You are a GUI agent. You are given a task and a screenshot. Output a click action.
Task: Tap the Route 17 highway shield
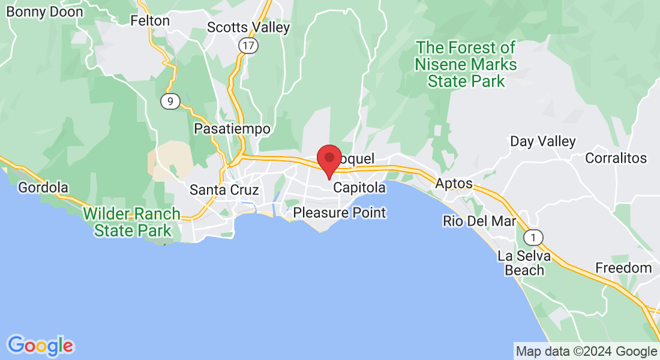247,44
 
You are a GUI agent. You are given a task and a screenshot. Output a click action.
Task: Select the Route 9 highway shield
170,101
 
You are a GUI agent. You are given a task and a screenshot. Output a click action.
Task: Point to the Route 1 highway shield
533,236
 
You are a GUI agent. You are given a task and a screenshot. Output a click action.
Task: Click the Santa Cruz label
224,190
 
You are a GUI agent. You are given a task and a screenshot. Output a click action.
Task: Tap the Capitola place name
359,188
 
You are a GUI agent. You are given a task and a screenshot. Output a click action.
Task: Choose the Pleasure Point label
340,213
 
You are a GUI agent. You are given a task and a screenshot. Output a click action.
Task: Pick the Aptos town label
454,184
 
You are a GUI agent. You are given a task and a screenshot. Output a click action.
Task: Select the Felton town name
150,20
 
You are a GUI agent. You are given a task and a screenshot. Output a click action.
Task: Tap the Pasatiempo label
232,129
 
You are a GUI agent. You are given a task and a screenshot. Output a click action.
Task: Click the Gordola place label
43,188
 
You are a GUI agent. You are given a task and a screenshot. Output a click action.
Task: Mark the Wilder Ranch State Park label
132,222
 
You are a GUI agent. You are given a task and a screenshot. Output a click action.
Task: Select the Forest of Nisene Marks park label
466,64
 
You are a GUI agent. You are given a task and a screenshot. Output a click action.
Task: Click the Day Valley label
543,142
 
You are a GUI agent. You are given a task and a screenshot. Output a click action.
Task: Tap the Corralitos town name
616,158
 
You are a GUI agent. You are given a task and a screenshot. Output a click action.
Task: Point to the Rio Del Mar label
479,221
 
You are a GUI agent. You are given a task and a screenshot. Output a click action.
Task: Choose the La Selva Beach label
521,263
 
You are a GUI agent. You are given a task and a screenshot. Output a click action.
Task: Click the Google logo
41,346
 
